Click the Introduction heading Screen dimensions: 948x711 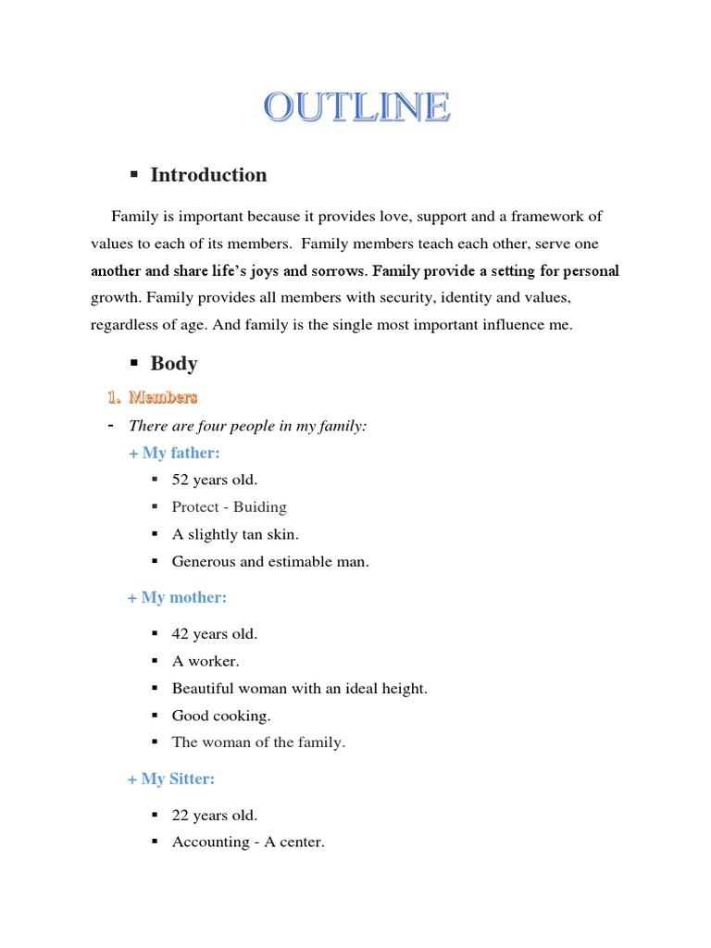[208, 175]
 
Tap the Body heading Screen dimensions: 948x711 [174, 364]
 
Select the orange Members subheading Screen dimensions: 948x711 [163, 397]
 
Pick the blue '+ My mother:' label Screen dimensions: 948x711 [177, 597]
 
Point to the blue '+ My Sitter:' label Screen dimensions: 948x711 [171, 779]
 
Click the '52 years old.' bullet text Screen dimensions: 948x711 [215, 480]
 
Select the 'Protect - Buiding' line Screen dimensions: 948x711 [230, 506]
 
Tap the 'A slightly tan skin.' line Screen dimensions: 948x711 [235, 534]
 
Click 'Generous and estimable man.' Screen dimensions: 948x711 [270, 561]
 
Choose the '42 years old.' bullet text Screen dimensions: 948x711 [215, 634]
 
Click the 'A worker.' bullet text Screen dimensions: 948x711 [206, 661]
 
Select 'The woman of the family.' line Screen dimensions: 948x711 [258, 742]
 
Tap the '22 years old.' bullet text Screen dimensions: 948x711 [215, 816]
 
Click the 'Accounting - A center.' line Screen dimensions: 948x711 [248, 842]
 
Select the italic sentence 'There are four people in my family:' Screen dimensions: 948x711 [247, 426]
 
